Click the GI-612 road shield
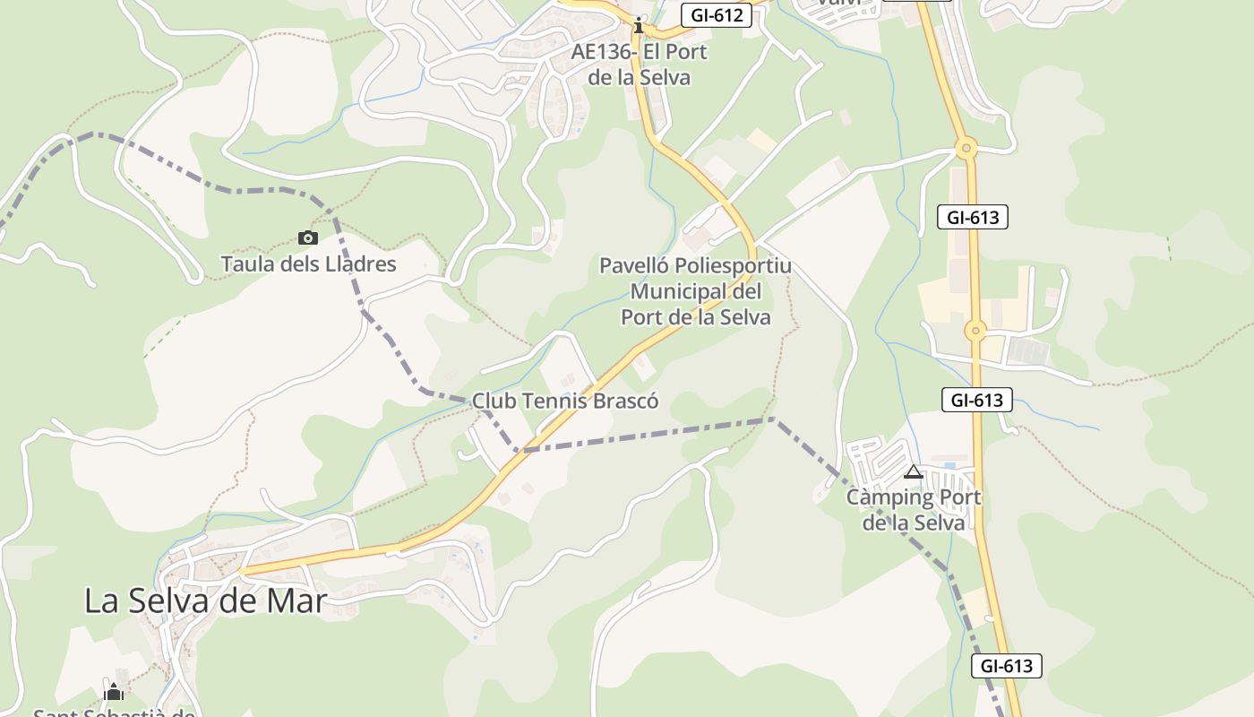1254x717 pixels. (x=716, y=15)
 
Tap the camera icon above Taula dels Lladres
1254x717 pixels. (x=307, y=238)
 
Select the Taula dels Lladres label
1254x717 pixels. (x=308, y=264)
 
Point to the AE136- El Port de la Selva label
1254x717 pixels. (x=639, y=65)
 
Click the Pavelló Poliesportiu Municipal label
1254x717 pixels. (x=695, y=291)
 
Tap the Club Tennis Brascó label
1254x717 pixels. (x=564, y=401)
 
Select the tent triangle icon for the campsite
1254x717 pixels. (x=914, y=472)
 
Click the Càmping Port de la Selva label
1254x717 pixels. (x=914, y=509)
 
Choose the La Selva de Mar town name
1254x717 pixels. (x=206, y=600)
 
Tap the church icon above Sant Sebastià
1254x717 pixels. (x=114, y=692)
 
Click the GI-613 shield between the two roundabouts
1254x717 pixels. (x=973, y=217)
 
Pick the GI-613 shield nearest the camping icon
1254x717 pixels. (x=976, y=400)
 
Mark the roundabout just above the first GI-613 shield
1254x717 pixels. (x=966, y=148)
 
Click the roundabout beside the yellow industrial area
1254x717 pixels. (x=975, y=331)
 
